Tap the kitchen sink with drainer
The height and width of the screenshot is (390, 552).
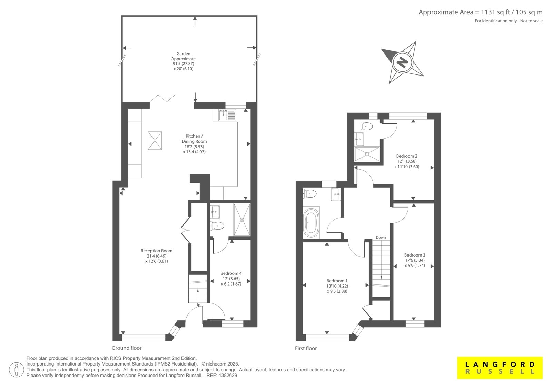click(227, 115)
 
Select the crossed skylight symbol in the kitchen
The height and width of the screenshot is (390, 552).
click(155, 140)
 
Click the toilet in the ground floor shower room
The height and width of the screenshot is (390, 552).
click(217, 226)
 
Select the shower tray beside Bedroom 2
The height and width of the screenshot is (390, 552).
click(367, 154)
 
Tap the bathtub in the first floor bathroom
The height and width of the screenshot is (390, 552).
click(311, 223)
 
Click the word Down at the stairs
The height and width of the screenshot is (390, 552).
click(381, 237)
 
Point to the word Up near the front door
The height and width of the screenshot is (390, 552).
click(198, 305)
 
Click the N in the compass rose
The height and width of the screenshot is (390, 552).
click(403, 62)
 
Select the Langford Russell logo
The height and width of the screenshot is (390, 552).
click(500, 368)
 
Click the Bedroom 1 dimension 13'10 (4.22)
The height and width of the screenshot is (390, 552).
click(337, 286)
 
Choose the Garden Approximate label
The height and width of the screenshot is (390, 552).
click(183, 56)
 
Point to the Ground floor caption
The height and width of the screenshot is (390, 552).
click(127, 348)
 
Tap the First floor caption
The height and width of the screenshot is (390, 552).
click(306, 348)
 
